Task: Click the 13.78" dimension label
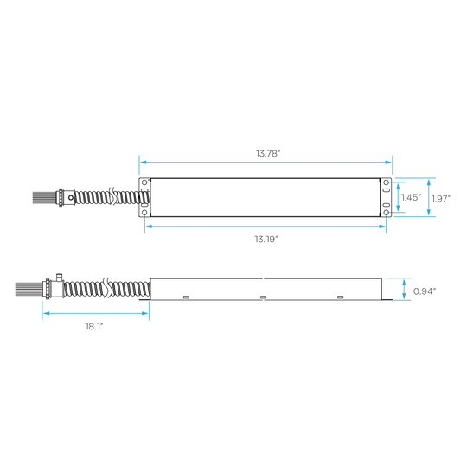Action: point(268,153)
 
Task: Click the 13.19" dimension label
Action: point(266,240)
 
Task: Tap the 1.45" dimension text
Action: point(411,197)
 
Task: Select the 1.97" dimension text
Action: point(441,198)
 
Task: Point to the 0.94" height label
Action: point(425,291)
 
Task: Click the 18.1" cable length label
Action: point(94,326)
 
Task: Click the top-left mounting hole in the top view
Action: point(144,182)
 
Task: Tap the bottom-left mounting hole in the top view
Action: point(144,213)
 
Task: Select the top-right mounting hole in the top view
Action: point(386,182)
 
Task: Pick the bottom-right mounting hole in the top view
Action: point(386,213)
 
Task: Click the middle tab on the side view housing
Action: point(263,297)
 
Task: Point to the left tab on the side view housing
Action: point(186,297)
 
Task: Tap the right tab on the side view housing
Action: point(340,297)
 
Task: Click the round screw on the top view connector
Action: point(71,197)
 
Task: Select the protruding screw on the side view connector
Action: point(59,278)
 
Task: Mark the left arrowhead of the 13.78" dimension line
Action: point(144,163)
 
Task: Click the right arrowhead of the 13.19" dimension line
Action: point(382,227)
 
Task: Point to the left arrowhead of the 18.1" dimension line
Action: point(47,313)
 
